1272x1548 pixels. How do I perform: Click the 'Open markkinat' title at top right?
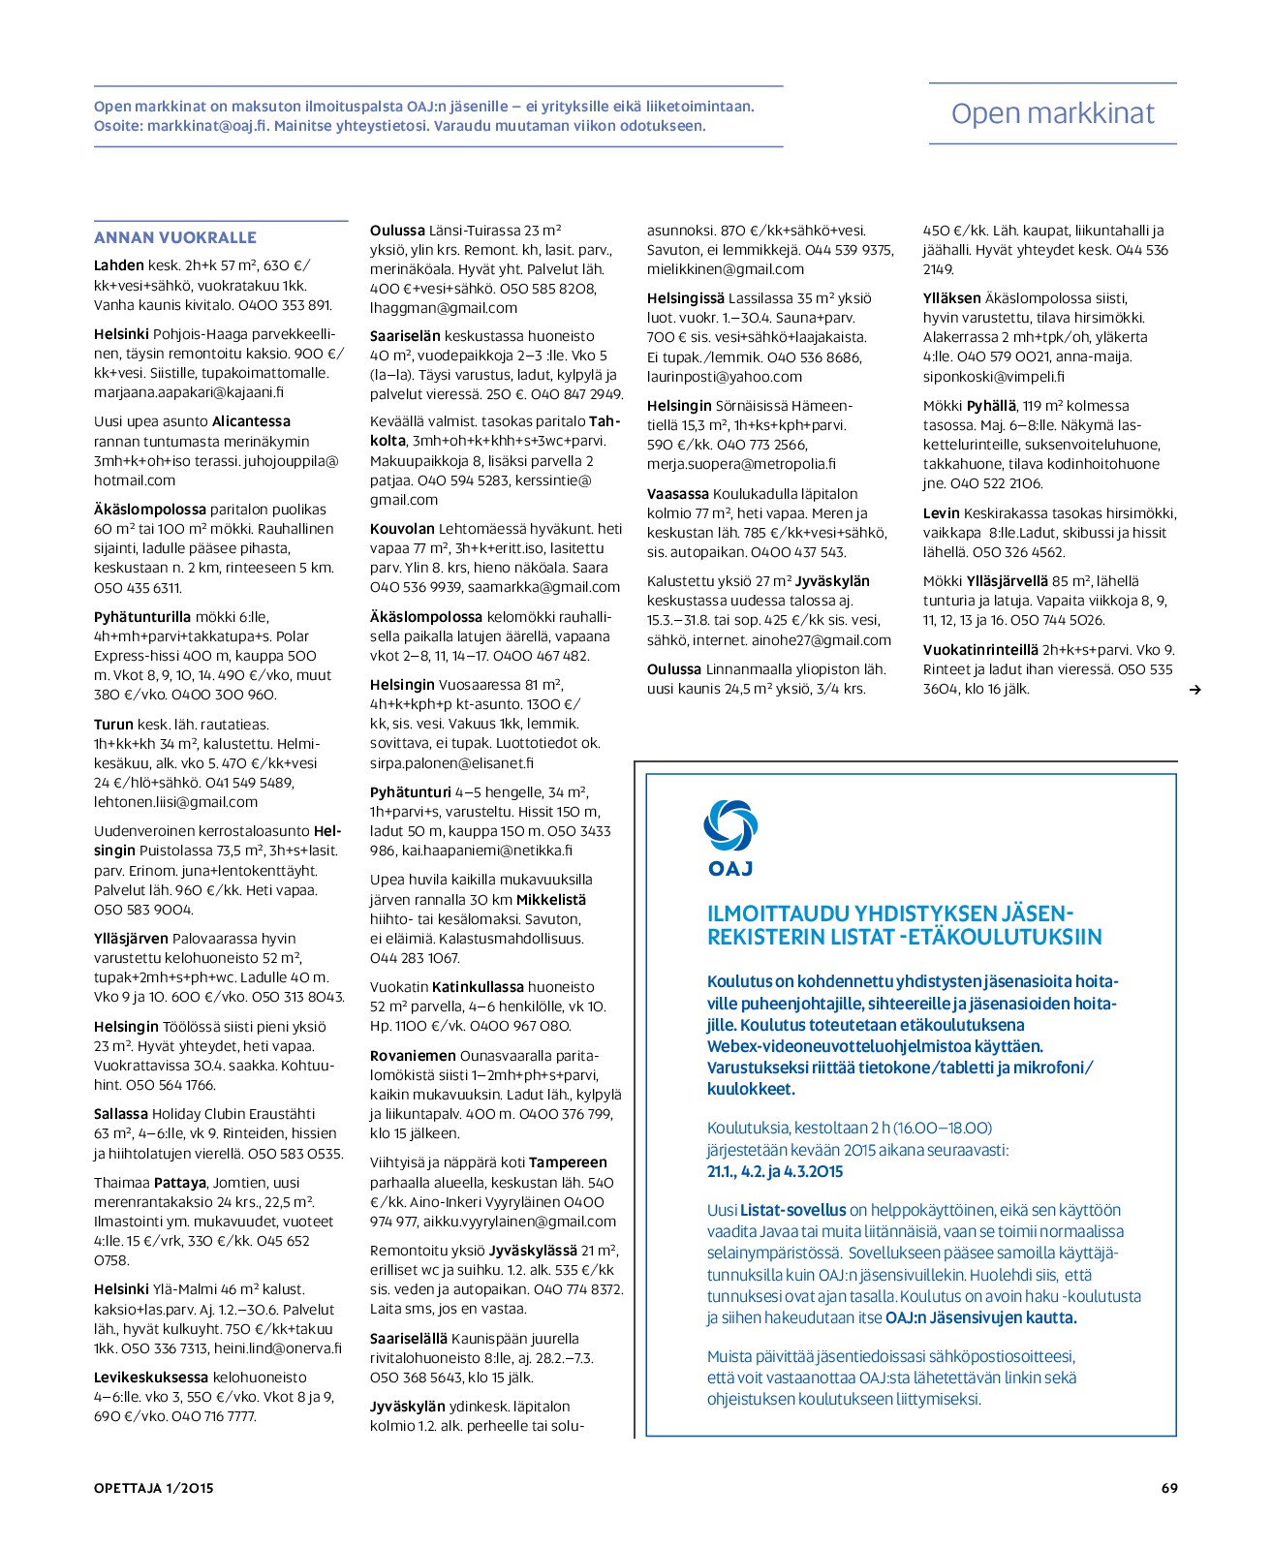tap(1052, 113)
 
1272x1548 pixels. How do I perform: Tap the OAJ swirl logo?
tap(730, 827)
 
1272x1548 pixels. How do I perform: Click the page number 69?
tap(1169, 1488)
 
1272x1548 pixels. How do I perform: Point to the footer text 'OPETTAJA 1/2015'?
tap(154, 1488)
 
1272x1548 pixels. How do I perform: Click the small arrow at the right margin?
tap(1194, 690)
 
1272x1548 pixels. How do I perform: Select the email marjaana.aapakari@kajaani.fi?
tap(189, 392)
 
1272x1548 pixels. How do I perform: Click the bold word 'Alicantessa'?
tap(251, 421)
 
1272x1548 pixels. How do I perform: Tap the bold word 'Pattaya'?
tap(180, 1183)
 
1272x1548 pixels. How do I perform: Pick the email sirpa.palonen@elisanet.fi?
tap(451, 763)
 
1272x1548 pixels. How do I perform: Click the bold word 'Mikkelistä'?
tap(551, 900)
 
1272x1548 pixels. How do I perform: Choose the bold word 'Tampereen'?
tap(568, 1162)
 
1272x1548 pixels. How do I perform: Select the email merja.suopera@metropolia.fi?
tap(741, 464)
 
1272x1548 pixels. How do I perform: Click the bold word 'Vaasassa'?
tap(678, 494)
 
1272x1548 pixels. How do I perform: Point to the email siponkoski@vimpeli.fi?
tap(993, 377)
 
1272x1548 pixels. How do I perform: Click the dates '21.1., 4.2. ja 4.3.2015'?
tap(775, 1171)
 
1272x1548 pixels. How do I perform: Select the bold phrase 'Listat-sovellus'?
tap(792, 1210)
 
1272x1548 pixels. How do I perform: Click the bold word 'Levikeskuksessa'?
tap(151, 1378)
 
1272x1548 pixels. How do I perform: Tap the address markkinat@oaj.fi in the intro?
tap(207, 126)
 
